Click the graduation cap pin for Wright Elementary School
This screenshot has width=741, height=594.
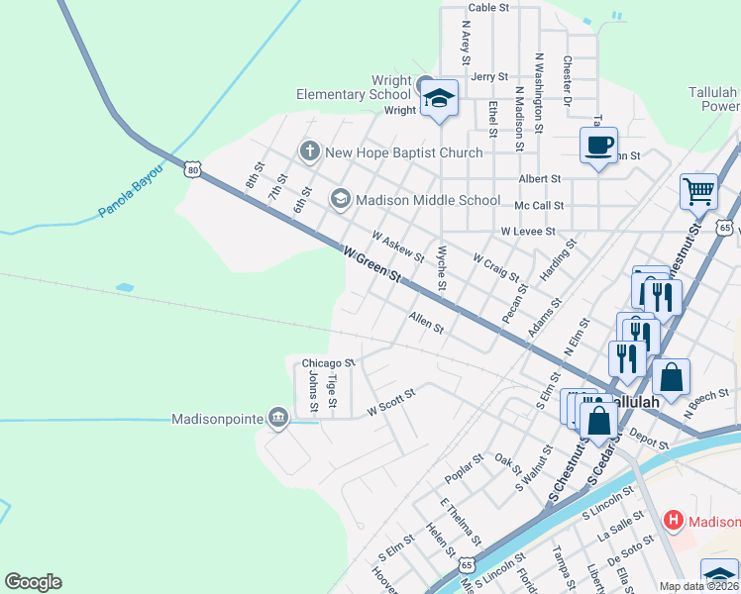click(439, 99)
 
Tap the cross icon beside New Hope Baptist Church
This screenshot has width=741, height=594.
click(309, 151)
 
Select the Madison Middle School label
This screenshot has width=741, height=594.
click(428, 200)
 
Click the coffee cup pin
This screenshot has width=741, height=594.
click(598, 146)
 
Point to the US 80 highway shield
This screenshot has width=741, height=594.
click(192, 170)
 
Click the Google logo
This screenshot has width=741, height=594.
click(33, 582)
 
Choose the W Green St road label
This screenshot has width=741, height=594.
click(371, 264)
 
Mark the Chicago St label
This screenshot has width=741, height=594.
click(328, 363)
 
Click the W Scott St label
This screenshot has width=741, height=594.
click(390, 401)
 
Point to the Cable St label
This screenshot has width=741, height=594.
click(488, 7)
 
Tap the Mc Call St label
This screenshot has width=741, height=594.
click(539, 206)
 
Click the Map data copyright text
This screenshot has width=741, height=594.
click(699, 586)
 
